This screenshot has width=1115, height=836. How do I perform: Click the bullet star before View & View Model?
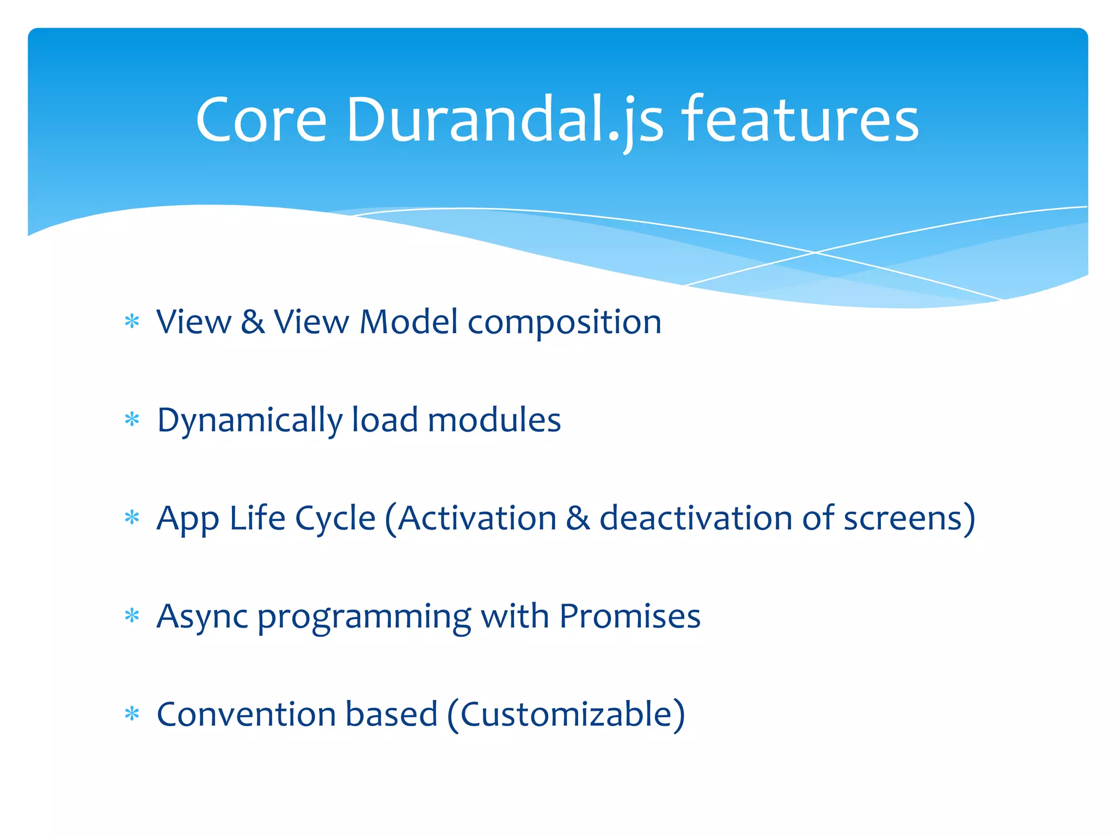[x=132, y=322]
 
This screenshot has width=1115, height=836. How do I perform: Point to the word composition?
[x=565, y=323]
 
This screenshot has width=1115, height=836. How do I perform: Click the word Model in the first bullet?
[x=408, y=322]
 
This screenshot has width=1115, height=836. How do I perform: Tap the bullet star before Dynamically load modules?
[x=132, y=420]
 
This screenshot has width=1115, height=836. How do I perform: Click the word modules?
[x=494, y=420]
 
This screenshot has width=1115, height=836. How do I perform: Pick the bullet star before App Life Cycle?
[x=132, y=518]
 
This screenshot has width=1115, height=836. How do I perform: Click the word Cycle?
[x=335, y=519]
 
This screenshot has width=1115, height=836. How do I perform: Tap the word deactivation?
[x=695, y=518]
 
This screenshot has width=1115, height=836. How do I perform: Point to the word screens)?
[x=909, y=519]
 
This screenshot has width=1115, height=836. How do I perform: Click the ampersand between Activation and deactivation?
[x=578, y=518]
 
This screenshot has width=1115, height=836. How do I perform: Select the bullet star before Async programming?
[x=132, y=616]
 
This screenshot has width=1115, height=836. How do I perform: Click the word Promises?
[x=630, y=616]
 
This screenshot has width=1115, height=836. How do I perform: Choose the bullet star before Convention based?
[x=132, y=714]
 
